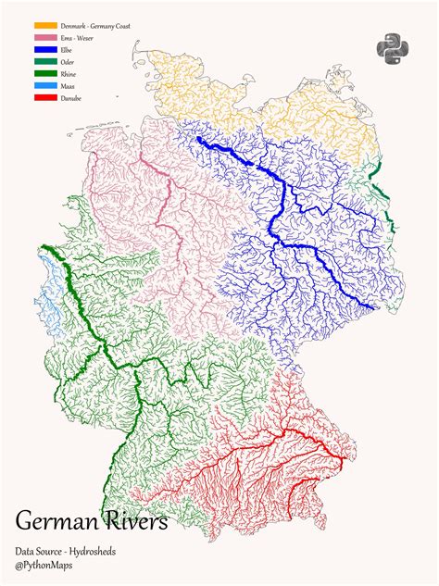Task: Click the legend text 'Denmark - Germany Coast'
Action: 95,26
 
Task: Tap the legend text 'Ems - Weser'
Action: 76,38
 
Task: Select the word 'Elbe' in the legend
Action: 68,50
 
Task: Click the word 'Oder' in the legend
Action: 69,62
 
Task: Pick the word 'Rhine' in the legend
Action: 69,74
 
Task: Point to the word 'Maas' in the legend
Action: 69,86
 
